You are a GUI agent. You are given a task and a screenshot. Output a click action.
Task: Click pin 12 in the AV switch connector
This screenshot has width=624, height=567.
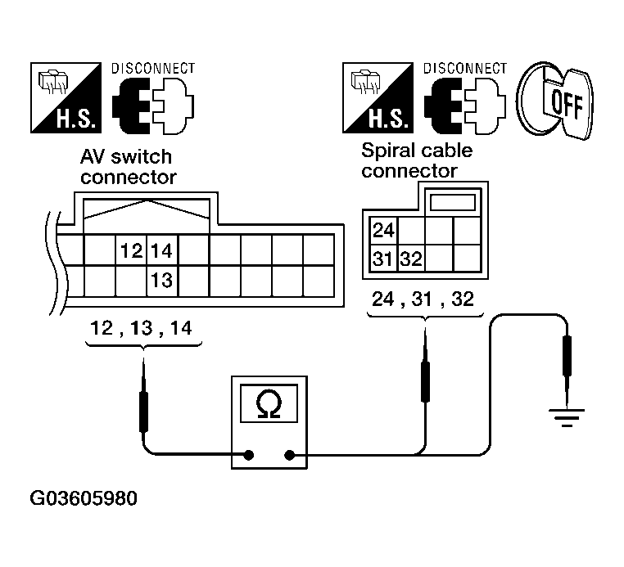(x=131, y=250)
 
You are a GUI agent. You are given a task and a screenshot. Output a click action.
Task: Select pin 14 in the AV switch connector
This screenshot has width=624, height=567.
(x=161, y=250)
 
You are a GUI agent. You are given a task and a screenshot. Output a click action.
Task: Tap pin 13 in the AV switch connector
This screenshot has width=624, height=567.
(x=161, y=281)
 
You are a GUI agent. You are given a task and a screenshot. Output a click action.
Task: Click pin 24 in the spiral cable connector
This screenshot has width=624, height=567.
(x=382, y=230)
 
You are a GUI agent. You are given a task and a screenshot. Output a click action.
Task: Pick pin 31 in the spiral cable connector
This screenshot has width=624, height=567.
(x=382, y=259)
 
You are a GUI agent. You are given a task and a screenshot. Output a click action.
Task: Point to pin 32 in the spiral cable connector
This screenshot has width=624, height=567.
(x=411, y=259)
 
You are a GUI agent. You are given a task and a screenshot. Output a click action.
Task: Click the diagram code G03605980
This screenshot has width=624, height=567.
(x=84, y=498)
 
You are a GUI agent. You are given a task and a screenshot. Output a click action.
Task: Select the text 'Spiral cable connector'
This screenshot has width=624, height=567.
(x=417, y=161)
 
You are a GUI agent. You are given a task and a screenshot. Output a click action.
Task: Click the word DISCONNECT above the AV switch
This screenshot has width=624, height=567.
(x=153, y=67)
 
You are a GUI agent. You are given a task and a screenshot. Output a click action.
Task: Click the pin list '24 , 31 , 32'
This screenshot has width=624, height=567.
(x=423, y=299)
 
